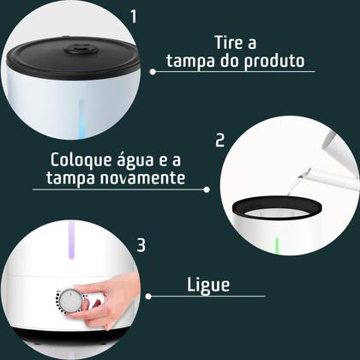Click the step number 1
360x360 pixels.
133,16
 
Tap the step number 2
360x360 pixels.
219,141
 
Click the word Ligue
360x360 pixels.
207,285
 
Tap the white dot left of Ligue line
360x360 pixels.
149,297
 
